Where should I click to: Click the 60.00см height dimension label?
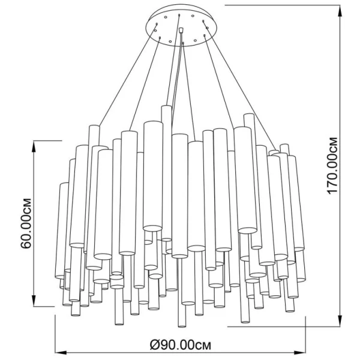(x=26, y=223)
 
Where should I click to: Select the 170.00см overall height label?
(x=332, y=166)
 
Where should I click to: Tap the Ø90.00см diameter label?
(x=180, y=345)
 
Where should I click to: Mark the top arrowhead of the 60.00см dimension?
(x=34, y=146)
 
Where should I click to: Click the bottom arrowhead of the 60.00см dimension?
(x=34, y=301)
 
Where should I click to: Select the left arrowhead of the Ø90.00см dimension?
(x=61, y=353)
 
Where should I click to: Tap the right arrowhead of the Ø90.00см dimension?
(x=300, y=353)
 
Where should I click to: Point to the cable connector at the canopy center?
(x=181, y=31)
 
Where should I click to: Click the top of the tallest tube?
(x=166, y=106)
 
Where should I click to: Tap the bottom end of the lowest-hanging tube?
(x=182, y=326)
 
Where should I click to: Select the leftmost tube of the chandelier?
(x=62, y=230)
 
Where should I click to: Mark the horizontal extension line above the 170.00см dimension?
(x=283, y=5)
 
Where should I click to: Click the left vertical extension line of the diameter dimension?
(x=55, y=335)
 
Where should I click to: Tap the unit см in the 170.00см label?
(x=332, y=144)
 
